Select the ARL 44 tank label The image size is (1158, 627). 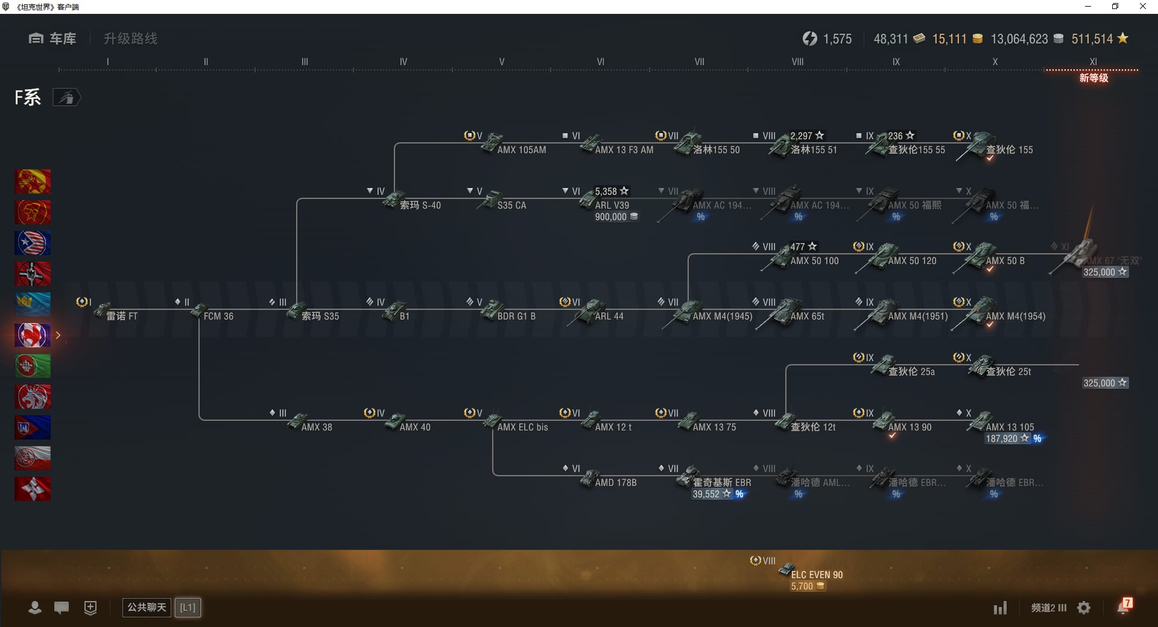[x=609, y=316]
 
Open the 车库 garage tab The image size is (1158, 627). [x=53, y=39]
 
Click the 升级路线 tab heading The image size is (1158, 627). [x=130, y=39]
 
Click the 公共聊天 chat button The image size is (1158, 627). [x=147, y=607]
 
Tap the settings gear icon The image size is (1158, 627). [x=1084, y=608]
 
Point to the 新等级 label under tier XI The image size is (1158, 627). [x=1093, y=78]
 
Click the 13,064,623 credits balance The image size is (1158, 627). [x=1019, y=39]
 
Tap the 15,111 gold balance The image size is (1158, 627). [x=949, y=39]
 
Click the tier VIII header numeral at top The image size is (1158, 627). [x=797, y=61]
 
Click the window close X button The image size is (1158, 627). [x=1142, y=7]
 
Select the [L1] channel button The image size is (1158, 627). [x=188, y=607]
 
